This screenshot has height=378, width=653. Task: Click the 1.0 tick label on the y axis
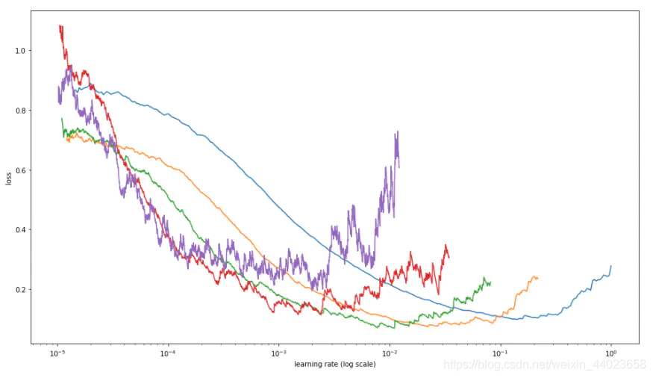pyautogui.click(x=19, y=51)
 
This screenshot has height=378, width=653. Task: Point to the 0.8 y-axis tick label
pyautogui.click(x=19, y=111)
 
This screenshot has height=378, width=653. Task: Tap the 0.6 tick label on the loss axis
pyautogui.click(x=19, y=170)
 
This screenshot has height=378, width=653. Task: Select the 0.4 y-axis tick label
pyautogui.click(x=19, y=230)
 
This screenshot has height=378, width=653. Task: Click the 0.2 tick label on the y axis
pyautogui.click(x=19, y=290)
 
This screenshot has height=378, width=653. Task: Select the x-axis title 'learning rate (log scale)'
pyautogui.click(x=334, y=365)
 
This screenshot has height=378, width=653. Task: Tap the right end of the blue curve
pyautogui.click(x=610, y=266)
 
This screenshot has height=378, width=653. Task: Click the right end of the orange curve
pyautogui.click(x=537, y=278)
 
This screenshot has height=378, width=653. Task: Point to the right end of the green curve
pyautogui.click(x=490, y=282)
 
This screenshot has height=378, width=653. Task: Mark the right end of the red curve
pyautogui.click(x=449, y=256)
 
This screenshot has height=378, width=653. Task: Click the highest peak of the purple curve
pyautogui.click(x=397, y=131)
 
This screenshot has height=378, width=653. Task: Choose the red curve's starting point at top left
pyautogui.click(x=59, y=26)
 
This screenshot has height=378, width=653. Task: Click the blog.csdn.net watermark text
pyautogui.click(x=544, y=365)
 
